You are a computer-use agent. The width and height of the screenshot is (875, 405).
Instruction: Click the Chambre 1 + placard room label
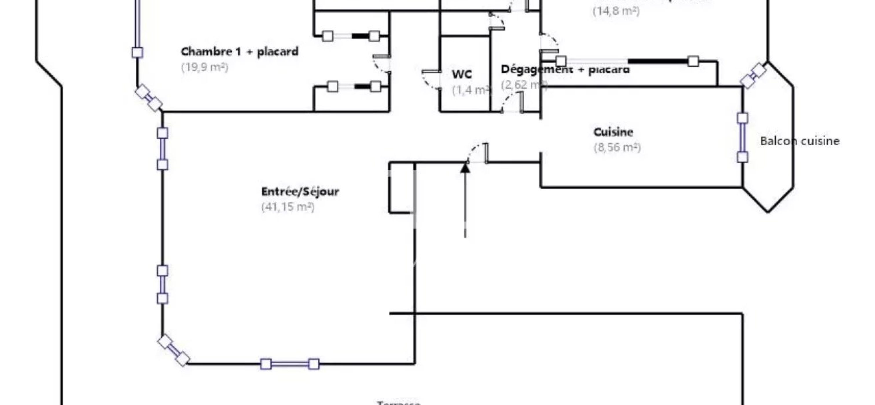[240, 51]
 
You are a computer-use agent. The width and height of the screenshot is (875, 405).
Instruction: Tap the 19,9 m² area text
[205, 67]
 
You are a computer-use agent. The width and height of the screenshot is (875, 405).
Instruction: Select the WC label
[462, 74]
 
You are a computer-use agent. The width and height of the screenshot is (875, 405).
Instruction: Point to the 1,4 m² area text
[471, 90]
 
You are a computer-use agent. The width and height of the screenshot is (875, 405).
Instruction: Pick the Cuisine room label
[613, 132]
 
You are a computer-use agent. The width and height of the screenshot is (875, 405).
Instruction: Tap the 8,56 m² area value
[617, 148]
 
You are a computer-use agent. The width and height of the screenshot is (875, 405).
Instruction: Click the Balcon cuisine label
[799, 141]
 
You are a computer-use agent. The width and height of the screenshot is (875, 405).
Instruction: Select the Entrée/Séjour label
[300, 192]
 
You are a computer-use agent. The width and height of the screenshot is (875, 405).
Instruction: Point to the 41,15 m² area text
[288, 207]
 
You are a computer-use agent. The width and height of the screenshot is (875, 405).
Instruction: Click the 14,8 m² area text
[616, 11]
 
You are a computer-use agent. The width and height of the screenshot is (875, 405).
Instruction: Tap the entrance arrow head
[465, 168]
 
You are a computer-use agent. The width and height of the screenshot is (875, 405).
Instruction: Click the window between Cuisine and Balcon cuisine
[742, 137]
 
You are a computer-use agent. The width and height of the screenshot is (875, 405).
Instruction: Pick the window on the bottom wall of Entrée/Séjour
[290, 364]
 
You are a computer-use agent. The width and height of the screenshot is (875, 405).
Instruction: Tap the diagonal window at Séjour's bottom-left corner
[174, 350]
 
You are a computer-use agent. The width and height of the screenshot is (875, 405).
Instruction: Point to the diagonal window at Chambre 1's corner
[148, 98]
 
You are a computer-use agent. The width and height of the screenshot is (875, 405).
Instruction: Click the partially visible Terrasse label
[398, 403]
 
